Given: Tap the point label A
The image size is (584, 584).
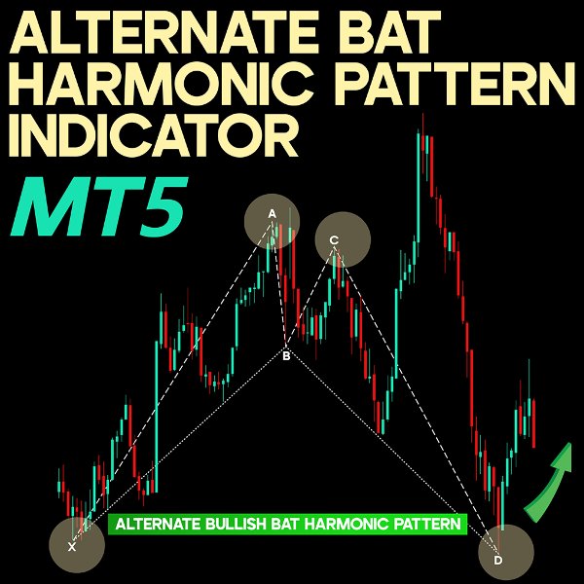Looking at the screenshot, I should [x=273, y=213].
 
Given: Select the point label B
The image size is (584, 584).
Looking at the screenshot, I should [x=286, y=356].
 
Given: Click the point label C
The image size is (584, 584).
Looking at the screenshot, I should [x=334, y=239].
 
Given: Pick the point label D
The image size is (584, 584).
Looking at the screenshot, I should [x=498, y=561].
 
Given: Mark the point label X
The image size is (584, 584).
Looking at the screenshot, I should [x=71, y=547].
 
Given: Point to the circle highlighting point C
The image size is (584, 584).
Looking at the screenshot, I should [x=343, y=239].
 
